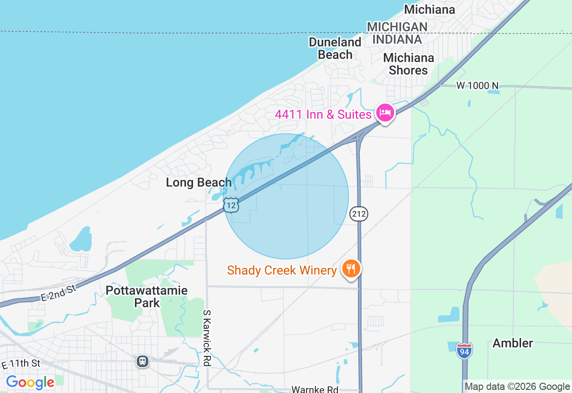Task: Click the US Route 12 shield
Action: [231, 205]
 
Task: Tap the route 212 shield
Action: [359, 214]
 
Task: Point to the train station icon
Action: [143, 361]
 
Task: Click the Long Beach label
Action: [198, 182]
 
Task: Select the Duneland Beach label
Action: [335, 48]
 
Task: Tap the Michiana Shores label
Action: [408, 64]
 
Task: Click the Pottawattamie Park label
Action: [147, 297]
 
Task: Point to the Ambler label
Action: [513, 343]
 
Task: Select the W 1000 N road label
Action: [477, 85]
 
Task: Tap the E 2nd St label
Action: [58, 293]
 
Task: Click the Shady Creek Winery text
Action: [282, 270]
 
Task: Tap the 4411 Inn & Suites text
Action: [323, 114]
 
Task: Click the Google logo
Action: [30, 383]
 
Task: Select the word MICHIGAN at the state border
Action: [397, 27]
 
